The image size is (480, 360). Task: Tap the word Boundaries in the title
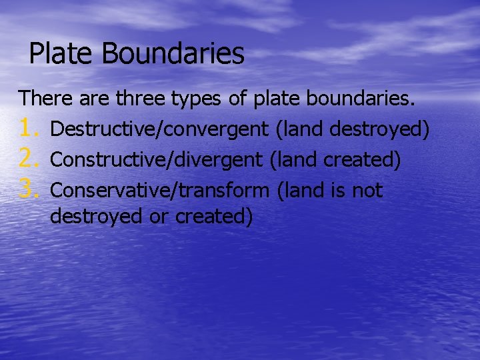click(x=173, y=54)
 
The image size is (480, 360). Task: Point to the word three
click(x=142, y=99)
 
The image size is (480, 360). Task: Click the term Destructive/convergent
click(x=160, y=129)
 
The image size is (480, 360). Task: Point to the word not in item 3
click(x=367, y=191)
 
